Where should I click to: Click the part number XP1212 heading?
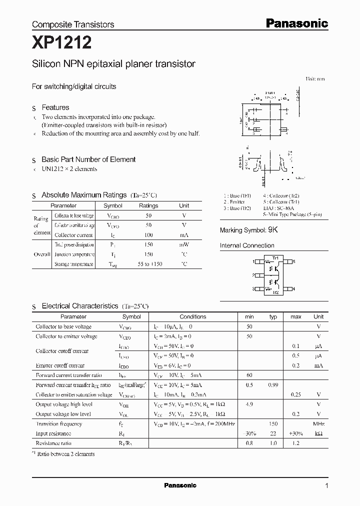pos(61,43)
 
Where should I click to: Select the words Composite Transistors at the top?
pos(73,24)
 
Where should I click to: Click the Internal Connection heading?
pos(247,245)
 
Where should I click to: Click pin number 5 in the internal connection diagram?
pos(294,261)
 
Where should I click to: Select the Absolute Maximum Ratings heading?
pos(84,195)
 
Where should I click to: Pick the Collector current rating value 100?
pos(148,234)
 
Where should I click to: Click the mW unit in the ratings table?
pos(184,244)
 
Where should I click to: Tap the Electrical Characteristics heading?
pos(79,305)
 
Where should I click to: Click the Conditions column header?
pos(192,316)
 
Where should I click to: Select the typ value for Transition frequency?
pos(273,423)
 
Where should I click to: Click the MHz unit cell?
pos(318,423)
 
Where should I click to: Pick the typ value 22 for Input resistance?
pos(273,433)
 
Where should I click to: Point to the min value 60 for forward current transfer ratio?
pos(249,375)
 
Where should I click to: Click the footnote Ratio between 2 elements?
pos(66,453)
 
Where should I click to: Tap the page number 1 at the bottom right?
pos(326,485)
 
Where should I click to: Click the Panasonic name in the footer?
pos(180,485)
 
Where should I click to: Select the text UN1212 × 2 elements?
pos(69,169)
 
